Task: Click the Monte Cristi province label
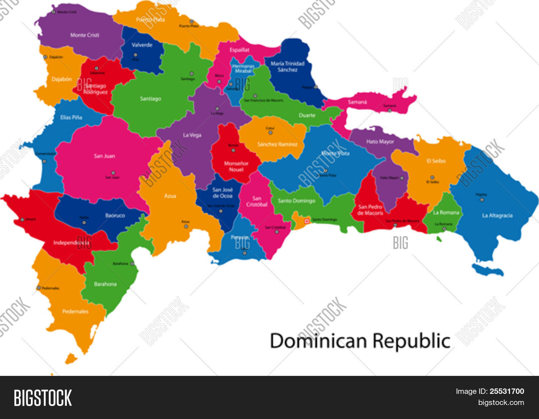[84, 35]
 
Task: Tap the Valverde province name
[142, 45]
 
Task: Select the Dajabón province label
[61, 79]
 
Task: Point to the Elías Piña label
[71, 117]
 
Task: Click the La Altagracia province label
[497, 216]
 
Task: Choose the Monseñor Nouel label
[236, 166]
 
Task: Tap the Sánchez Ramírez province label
[277, 144]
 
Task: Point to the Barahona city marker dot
[132, 264]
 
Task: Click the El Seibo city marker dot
[432, 178]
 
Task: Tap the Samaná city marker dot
[390, 110]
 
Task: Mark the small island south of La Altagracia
[488, 270]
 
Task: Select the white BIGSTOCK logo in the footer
[43, 398]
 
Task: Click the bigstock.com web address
[501, 402]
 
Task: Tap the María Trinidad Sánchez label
[287, 66]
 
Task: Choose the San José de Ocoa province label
[222, 193]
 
